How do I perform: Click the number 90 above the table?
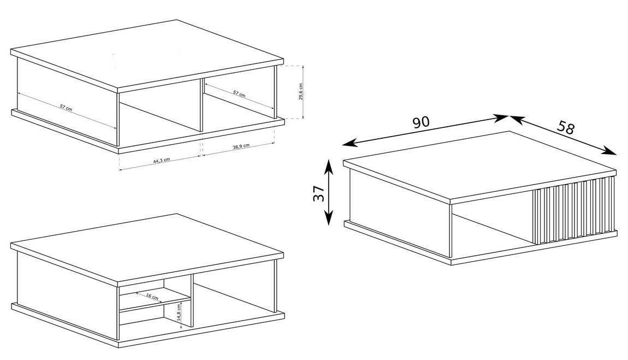(x=420, y=122)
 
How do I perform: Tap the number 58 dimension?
(x=566, y=128)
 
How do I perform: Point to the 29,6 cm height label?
(x=300, y=92)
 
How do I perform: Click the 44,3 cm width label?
(x=162, y=160)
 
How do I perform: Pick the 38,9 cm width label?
(x=241, y=146)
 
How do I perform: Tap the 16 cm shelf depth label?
(x=152, y=297)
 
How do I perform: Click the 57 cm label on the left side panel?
(x=66, y=108)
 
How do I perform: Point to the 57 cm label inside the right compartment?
(x=239, y=93)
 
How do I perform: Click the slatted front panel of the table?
(x=573, y=210)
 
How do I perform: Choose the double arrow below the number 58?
(x=562, y=135)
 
